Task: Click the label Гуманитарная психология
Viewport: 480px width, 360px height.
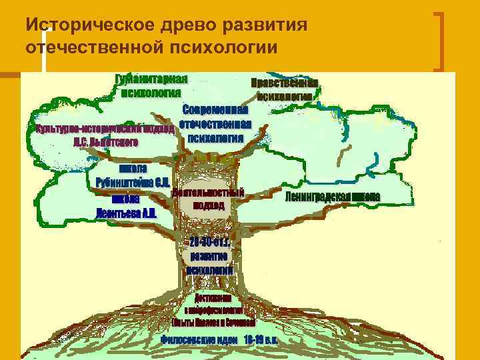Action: point(151,85)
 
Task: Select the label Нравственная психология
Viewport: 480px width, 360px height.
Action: point(284,89)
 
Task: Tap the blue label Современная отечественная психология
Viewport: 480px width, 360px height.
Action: point(214,124)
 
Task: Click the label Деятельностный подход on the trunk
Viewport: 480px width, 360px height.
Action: point(208,199)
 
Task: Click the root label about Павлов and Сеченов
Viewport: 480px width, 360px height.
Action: point(213,321)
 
